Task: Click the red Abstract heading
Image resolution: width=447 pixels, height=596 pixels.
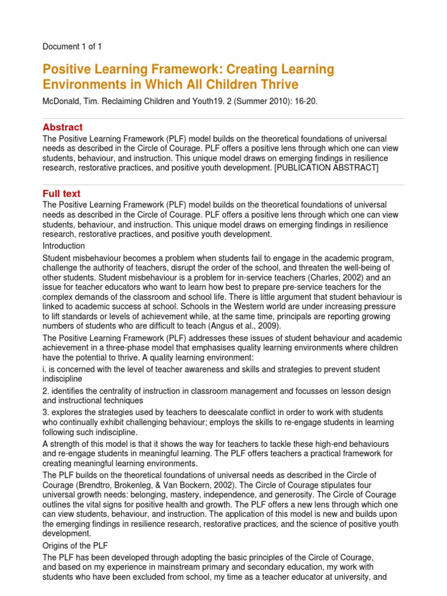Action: pyautogui.click(x=63, y=127)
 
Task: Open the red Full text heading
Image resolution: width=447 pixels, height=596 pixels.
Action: pyautogui.click(x=62, y=193)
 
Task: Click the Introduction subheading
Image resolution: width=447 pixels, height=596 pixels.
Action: pyautogui.click(x=64, y=246)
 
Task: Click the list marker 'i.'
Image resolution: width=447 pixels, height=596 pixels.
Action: pyautogui.click(x=46, y=369)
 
